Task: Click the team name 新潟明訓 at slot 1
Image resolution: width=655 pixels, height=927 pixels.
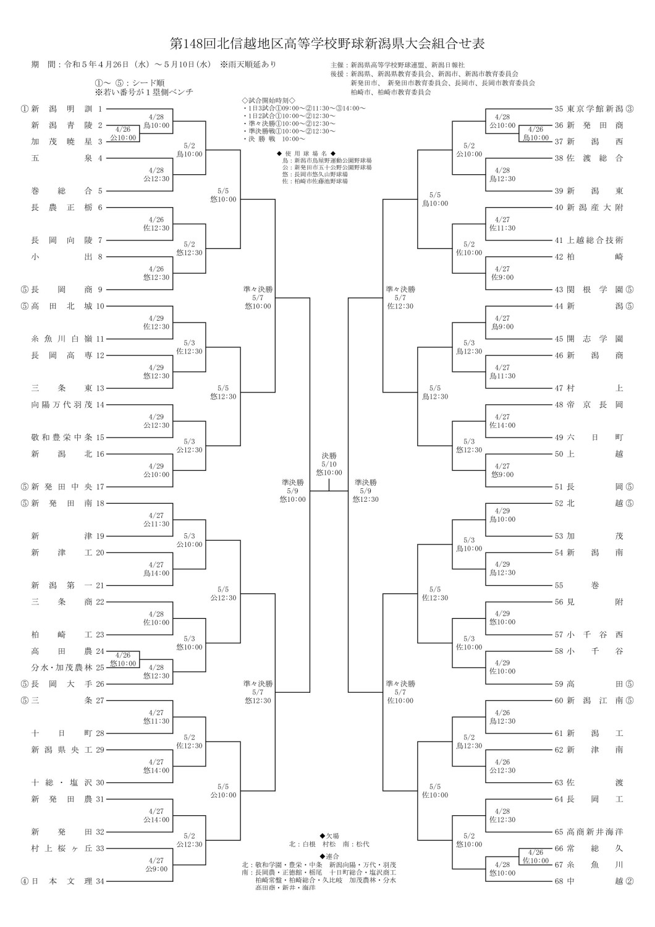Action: coord(62,109)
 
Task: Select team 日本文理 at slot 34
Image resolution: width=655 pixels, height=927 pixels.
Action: coord(62,881)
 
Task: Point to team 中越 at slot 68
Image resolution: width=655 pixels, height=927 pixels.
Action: coord(594,881)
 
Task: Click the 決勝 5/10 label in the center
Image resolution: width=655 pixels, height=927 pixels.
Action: coord(329,464)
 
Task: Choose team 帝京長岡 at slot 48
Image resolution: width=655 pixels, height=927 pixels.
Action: coord(594,405)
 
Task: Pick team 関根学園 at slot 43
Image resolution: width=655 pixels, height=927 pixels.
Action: coord(594,290)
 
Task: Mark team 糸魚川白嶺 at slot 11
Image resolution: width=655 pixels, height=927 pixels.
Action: coord(62,339)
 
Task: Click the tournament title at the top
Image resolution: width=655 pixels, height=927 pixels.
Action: coord(327,43)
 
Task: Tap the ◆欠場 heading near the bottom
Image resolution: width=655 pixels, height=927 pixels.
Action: coord(329,836)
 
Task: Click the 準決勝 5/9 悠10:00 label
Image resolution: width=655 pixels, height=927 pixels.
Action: coord(292,491)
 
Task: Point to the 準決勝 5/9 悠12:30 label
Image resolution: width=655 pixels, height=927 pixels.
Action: coord(366,491)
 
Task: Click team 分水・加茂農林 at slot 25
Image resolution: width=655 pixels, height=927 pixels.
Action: coord(62,667)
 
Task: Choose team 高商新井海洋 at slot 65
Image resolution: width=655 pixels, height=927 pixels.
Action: coord(594,832)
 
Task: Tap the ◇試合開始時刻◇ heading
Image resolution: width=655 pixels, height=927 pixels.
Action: coord(269,101)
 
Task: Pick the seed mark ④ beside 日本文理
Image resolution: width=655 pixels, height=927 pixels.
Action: coord(25,881)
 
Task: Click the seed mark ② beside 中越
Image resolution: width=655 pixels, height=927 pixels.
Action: coord(629,881)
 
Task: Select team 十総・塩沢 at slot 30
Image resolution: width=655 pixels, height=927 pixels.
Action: coord(62,782)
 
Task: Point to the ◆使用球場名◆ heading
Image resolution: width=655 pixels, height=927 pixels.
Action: coord(306,153)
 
